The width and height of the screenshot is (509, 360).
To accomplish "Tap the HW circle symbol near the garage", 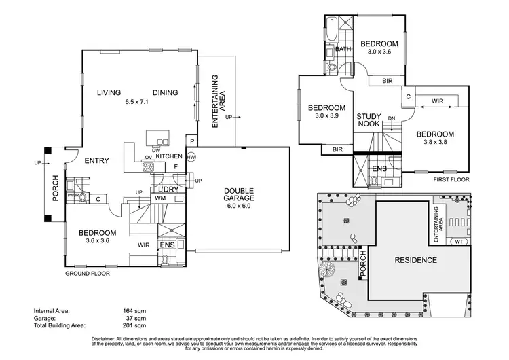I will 191,157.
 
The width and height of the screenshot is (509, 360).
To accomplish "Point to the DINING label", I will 165,93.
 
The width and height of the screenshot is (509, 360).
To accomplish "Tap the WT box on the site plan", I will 459,242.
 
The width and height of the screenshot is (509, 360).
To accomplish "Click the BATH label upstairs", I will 343,49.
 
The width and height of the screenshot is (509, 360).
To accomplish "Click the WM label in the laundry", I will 161,198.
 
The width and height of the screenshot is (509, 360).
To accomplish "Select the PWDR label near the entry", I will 73,195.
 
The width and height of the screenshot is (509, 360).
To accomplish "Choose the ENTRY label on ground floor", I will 98,161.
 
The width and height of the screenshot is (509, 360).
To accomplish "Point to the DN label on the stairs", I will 392,119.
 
